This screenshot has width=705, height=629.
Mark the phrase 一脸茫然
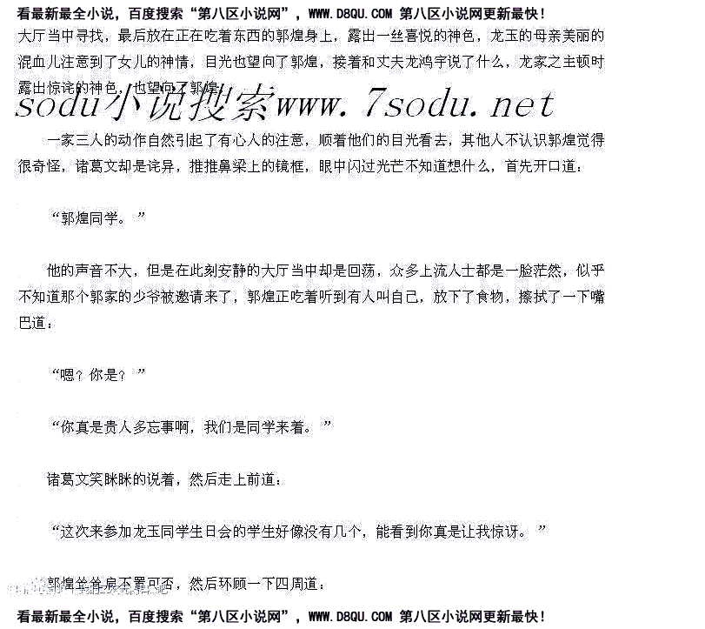coord(532,271)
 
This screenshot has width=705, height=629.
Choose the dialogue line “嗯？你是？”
coord(97,375)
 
